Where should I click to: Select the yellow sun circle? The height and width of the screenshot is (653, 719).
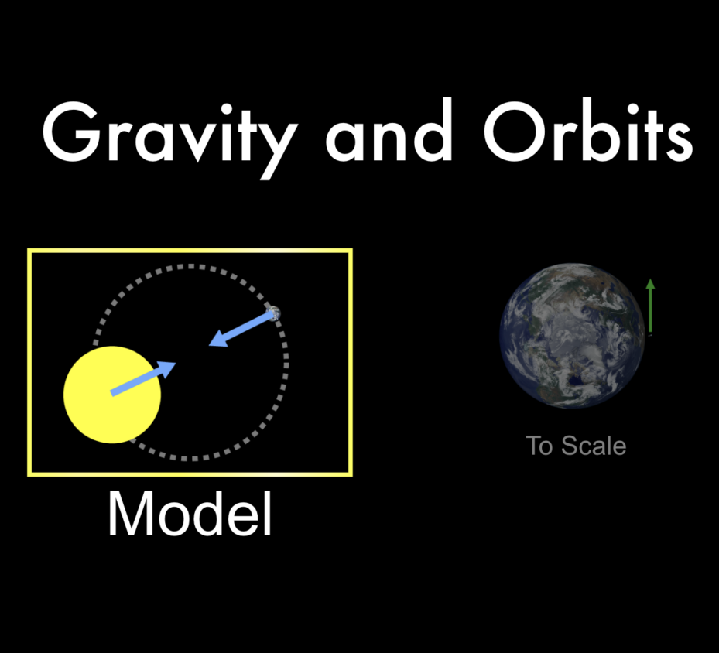[112, 395]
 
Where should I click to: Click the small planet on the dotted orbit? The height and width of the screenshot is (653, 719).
[273, 313]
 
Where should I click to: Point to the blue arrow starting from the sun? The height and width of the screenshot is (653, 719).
[143, 379]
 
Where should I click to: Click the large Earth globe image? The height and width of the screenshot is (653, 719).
[572, 334]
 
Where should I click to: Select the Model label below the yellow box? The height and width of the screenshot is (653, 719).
[190, 514]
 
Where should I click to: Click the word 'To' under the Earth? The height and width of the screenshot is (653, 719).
[540, 446]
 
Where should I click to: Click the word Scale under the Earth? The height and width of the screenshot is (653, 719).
[594, 446]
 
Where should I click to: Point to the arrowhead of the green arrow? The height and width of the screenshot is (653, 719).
[650, 284]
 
